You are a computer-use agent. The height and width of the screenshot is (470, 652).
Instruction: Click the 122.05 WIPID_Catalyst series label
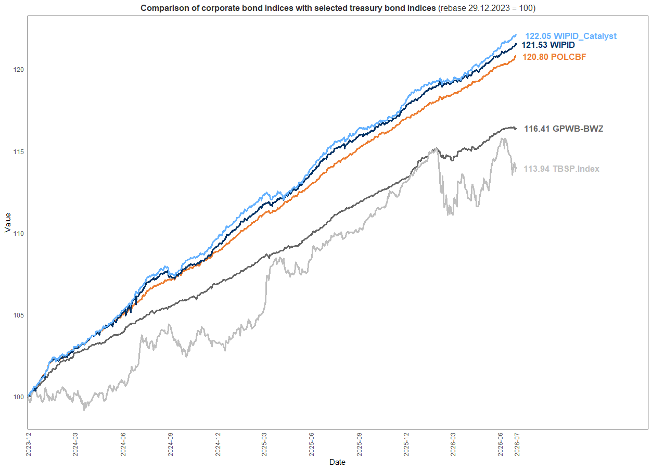[570, 36]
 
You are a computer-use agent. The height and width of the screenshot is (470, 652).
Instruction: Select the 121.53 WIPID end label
[548, 45]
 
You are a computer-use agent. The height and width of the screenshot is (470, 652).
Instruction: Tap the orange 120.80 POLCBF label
[554, 57]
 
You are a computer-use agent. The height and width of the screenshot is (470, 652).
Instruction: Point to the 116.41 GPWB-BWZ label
[564, 129]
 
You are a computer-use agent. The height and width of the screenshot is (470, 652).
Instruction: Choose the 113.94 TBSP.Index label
[561, 169]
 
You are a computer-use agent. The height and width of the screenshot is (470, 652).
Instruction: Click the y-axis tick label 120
[19, 70]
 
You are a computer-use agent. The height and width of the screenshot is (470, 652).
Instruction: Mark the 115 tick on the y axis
[19, 152]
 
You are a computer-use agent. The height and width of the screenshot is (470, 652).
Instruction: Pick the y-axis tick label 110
[19, 234]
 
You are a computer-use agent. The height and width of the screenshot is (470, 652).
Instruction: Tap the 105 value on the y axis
[19, 315]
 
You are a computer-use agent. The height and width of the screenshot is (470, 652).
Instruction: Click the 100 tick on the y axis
[19, 397]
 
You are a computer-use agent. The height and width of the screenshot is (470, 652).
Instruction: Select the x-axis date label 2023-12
[28, 444]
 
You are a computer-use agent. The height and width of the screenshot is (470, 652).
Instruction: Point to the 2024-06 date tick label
[123, 444]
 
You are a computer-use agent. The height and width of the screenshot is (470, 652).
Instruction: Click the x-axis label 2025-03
[264, 444]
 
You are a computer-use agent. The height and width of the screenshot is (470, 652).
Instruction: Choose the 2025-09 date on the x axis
[359, 444]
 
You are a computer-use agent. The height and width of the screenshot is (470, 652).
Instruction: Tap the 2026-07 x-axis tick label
[517, 444]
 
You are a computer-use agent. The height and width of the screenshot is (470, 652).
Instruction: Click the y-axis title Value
[8, 223]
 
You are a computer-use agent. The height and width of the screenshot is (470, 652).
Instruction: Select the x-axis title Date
[337, 462]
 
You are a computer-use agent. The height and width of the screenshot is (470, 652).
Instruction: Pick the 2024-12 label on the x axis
[218, 444]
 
